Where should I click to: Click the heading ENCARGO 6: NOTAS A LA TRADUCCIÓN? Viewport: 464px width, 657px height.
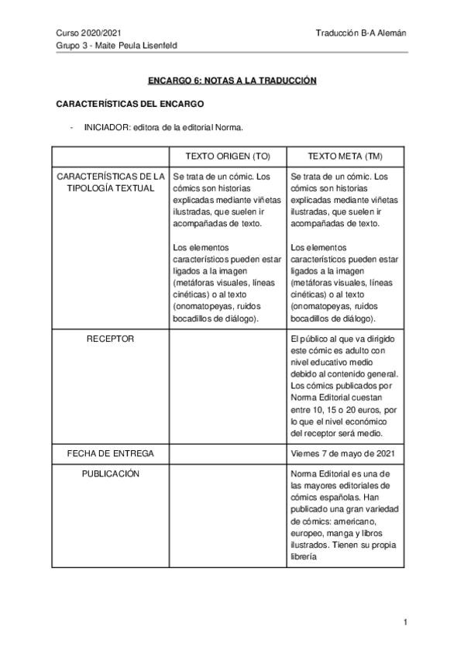coord(232,81)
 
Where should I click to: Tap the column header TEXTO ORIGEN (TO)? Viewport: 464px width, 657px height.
coord(228,156)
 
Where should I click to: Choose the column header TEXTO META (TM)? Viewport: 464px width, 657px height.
coord(345,156)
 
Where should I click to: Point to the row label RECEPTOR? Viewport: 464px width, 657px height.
coord(111,339)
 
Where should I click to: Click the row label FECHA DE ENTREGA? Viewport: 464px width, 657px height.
coord(111,453)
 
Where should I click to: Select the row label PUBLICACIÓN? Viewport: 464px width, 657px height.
coord(111,473)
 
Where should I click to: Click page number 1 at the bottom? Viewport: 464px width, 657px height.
coord(405,622)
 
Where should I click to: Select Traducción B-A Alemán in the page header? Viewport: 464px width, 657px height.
coord(361,33)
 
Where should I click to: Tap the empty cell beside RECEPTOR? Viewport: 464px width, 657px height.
coord(228,387)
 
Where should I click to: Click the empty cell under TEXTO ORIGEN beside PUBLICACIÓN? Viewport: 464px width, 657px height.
coord(228,515)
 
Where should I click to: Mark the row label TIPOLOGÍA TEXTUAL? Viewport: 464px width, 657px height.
coord(111,188)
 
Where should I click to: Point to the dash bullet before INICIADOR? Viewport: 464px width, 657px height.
coord(70,129)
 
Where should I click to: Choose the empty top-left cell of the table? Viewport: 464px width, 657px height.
coord(111,156)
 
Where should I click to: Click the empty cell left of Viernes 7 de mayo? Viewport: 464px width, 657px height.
coord(228,453)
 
